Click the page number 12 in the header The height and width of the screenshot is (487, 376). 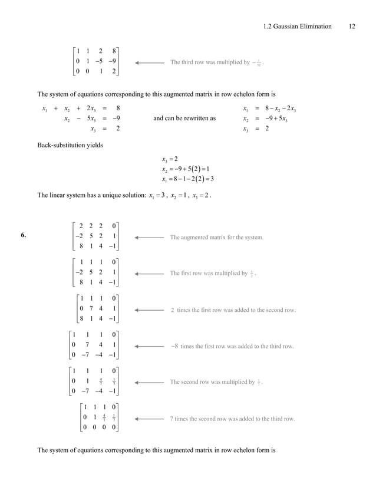[352, 26]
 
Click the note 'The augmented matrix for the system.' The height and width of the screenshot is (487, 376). [216, 238]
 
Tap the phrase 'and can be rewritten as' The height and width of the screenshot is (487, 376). [184, 118]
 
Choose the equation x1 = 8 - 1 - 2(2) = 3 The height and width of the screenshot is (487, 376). [187, 180]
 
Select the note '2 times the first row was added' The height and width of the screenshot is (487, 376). [233, 310]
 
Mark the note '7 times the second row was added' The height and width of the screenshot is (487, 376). [232, 419]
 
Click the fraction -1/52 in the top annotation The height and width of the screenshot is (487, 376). [265, 61]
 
